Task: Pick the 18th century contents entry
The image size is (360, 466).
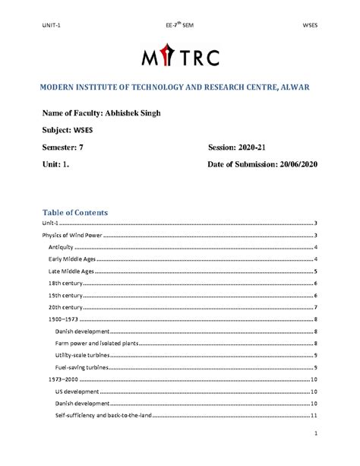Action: click(x=65, y=283)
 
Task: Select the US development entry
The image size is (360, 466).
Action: click(x=76, y=391)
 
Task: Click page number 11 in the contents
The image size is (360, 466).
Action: click(x=313, y=415)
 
